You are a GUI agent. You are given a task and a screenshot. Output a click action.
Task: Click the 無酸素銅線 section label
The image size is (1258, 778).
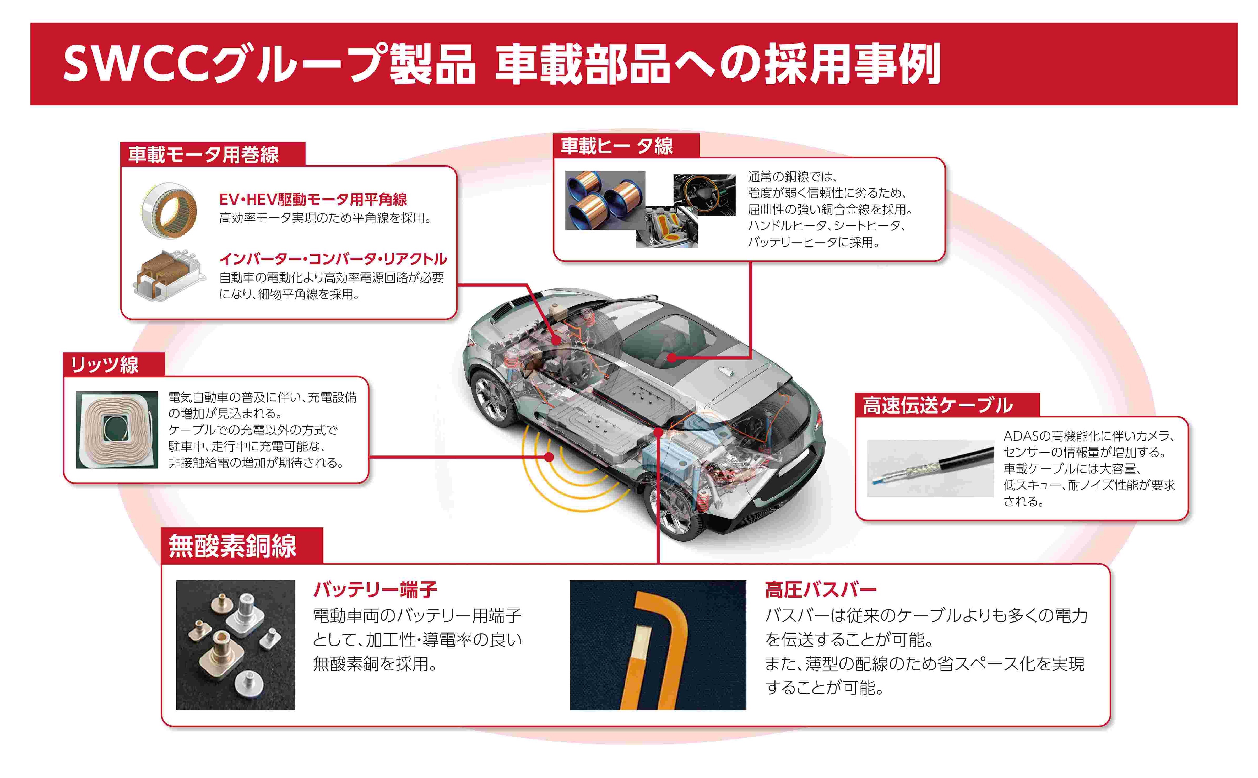pos(232,546)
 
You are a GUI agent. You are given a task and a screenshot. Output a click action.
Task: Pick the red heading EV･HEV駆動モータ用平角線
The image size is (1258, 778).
pos(313,200)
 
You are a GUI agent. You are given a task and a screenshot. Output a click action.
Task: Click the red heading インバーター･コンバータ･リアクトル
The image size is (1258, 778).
pos(333,259)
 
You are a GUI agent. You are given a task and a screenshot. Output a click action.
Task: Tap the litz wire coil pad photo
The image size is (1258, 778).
pos(117,430)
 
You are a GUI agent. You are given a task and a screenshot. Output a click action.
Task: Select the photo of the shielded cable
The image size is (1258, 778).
pos(930,468)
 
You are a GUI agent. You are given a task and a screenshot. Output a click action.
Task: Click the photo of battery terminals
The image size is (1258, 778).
pos(236,645)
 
